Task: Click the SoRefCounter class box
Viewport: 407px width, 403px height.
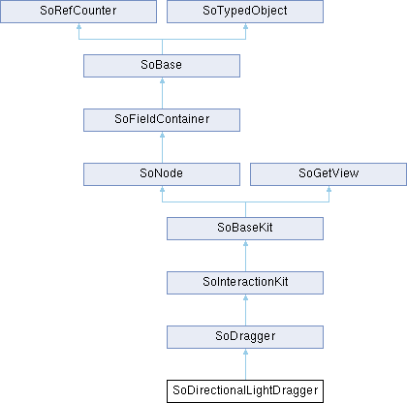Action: click(x=78, y=12)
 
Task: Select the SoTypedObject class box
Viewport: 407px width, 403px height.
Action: click(x=245, y=12)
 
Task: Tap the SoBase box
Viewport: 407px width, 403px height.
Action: click(x=162, y=66)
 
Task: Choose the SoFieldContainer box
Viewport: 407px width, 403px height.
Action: click(x=162, y=120)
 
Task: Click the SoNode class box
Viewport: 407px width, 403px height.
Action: click(x=162, y=174)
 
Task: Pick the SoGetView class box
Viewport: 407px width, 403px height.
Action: click(x=329, y=174)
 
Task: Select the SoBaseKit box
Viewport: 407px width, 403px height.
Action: click(x=245, y=229)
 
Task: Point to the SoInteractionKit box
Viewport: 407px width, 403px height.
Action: click(x=245, y=283)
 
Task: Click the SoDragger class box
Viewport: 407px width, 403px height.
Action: click(x=245, y=337)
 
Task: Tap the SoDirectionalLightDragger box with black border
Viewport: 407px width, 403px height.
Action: click(x=245, y=391)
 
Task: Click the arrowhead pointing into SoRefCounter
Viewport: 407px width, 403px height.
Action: click(x=78, y=26)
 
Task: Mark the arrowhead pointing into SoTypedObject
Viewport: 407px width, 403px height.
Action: click(x=245, y=26)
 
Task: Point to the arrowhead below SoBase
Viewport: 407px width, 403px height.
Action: click(x=162, y=80)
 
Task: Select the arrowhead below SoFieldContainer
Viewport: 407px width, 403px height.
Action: click(x=162, y=135)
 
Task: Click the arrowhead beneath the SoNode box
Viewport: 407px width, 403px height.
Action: click(x=162, y=189)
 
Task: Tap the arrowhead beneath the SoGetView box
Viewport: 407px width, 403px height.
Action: click(x=329, y=189)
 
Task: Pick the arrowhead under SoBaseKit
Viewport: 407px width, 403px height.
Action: click(x=245, y=243)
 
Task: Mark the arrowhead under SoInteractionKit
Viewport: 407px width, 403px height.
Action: click(x=245, y=297)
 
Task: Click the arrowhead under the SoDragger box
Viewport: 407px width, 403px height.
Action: click(x=245, y=352)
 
